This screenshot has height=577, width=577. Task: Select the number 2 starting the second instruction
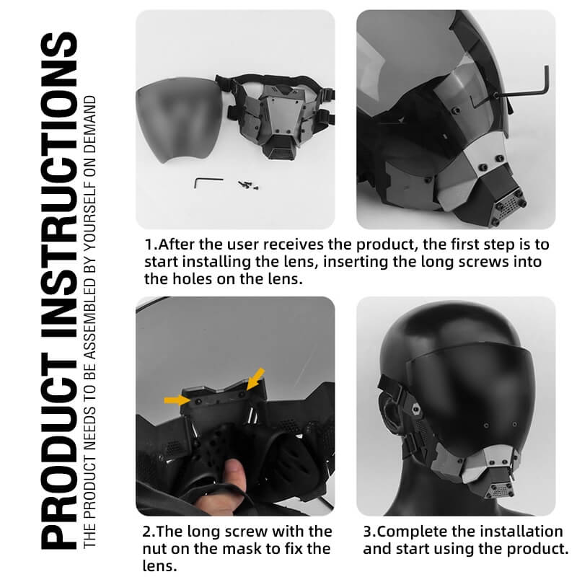pyautogui.click(x=147, y=532)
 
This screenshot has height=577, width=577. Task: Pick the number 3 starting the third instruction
pyautogui.click(x=367, y=532)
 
